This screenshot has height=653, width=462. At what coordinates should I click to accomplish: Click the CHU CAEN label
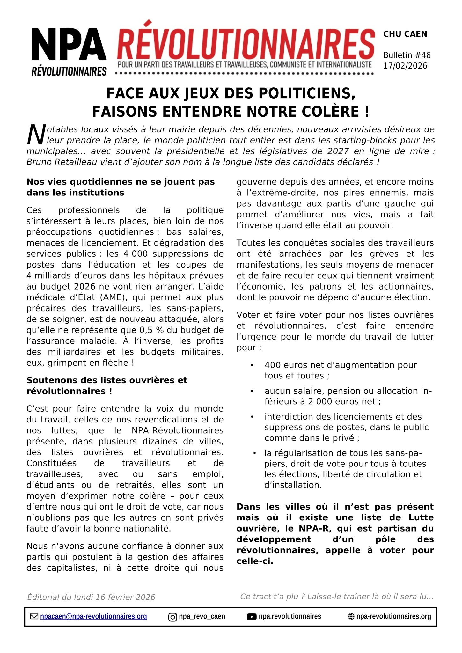[x=405, y=34]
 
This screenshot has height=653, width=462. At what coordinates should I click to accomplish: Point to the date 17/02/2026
[x=405, y=66]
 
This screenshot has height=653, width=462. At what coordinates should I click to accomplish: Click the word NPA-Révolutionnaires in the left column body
[x=177, y=430]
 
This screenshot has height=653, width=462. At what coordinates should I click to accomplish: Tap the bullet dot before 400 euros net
[x=252, y=365]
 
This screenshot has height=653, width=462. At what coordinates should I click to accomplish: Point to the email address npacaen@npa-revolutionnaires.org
[x=93, y=616]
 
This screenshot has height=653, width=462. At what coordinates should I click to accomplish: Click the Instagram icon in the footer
[x=172, y=617]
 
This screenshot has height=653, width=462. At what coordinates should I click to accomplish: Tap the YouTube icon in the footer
[x=252, y=617]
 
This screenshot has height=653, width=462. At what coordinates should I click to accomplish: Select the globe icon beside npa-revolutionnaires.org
[x=351, y=617]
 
